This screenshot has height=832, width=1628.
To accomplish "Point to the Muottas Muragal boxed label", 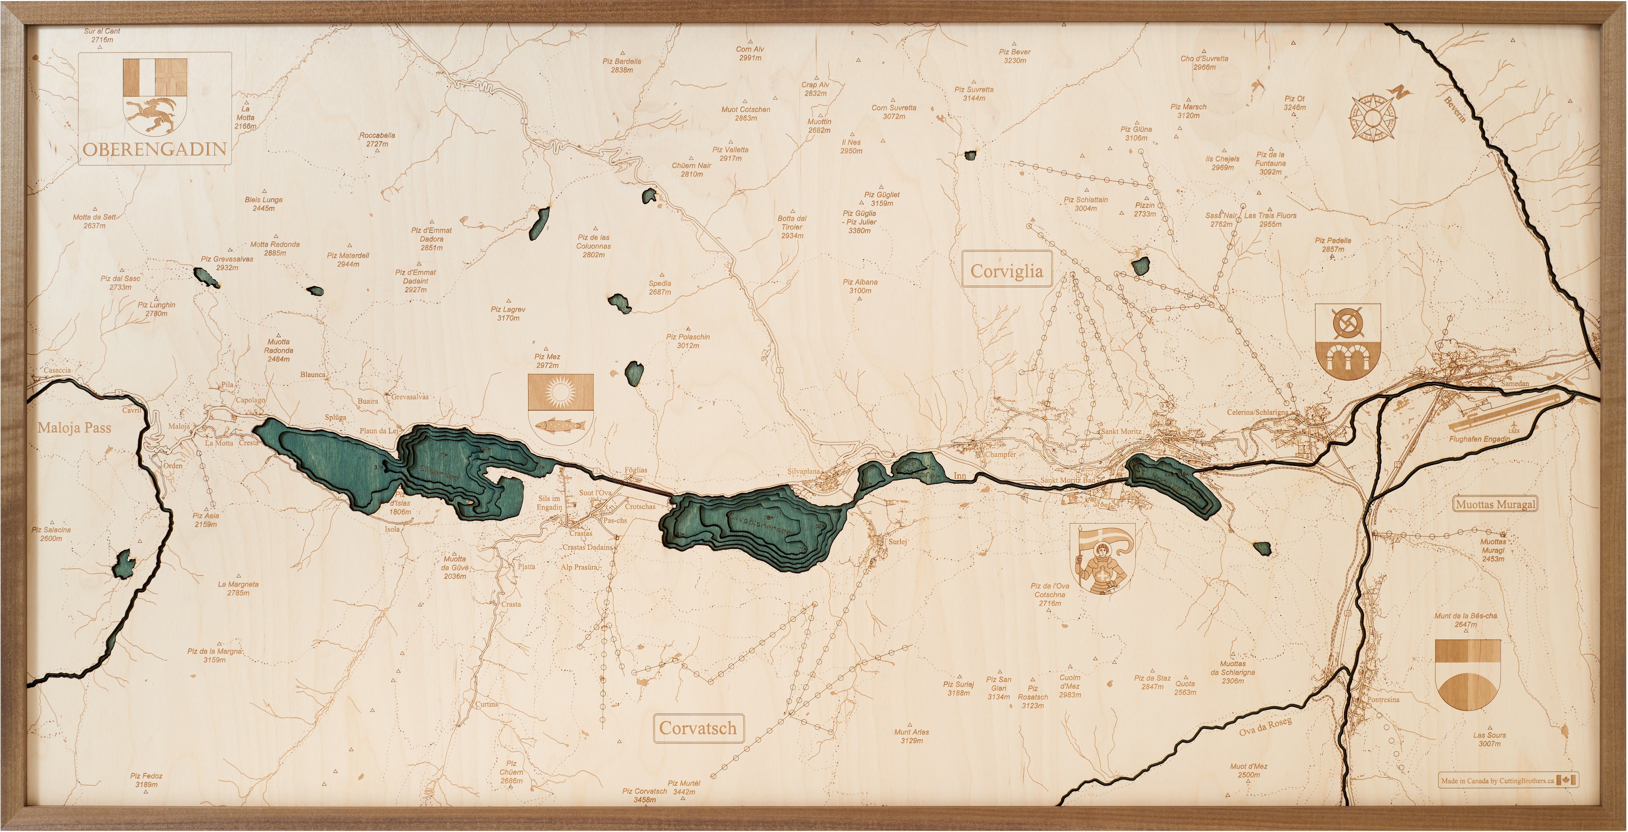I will [x=1495, y=504].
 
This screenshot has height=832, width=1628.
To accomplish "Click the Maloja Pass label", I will [x=74, y=428].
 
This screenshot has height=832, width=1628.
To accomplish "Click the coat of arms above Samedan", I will [x=1347, y=341].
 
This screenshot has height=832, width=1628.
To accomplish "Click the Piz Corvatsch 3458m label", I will [x=645, y=795].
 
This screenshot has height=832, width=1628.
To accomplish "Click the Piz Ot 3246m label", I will [x=1294, y=103].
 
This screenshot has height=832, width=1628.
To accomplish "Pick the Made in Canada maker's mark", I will [x=1507, y=780].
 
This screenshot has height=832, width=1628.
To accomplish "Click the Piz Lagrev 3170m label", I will [x=508, y=313].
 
